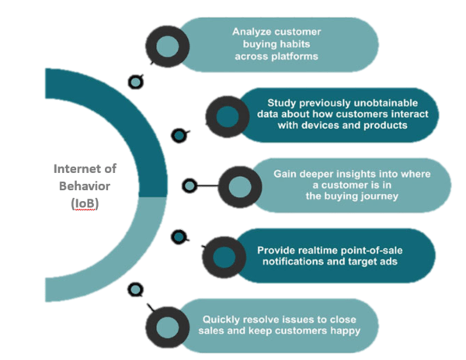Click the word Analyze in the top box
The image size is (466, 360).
(249, 32)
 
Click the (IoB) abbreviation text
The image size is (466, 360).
(85, 203)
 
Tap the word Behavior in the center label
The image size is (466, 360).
(85, 186)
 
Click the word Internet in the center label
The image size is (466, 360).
(73, 169)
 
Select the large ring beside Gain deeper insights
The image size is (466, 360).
(225, 187)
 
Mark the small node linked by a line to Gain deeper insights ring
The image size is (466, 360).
(189, 186)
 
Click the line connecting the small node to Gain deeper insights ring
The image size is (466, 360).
(207, 186)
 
